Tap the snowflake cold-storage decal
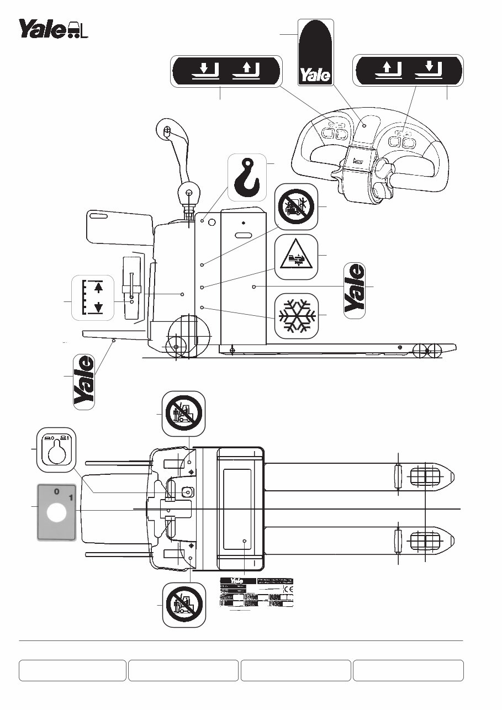pyautogui.click(x=296, y=315)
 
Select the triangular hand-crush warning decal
pyautogui.click(x=296, y=255)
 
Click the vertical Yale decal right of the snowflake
pyautogui.click(x=355, y=290)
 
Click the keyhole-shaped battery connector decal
pyautogui.click(x=55, y=448)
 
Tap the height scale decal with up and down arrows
pyautogui.click(x=93, y=297)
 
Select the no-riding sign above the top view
pyautogui.click(x=184, y=413)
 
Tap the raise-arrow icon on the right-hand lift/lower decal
pyautogui.click(x=388, y=71)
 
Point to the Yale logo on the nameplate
pyautogui.click(x=237, y=581)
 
